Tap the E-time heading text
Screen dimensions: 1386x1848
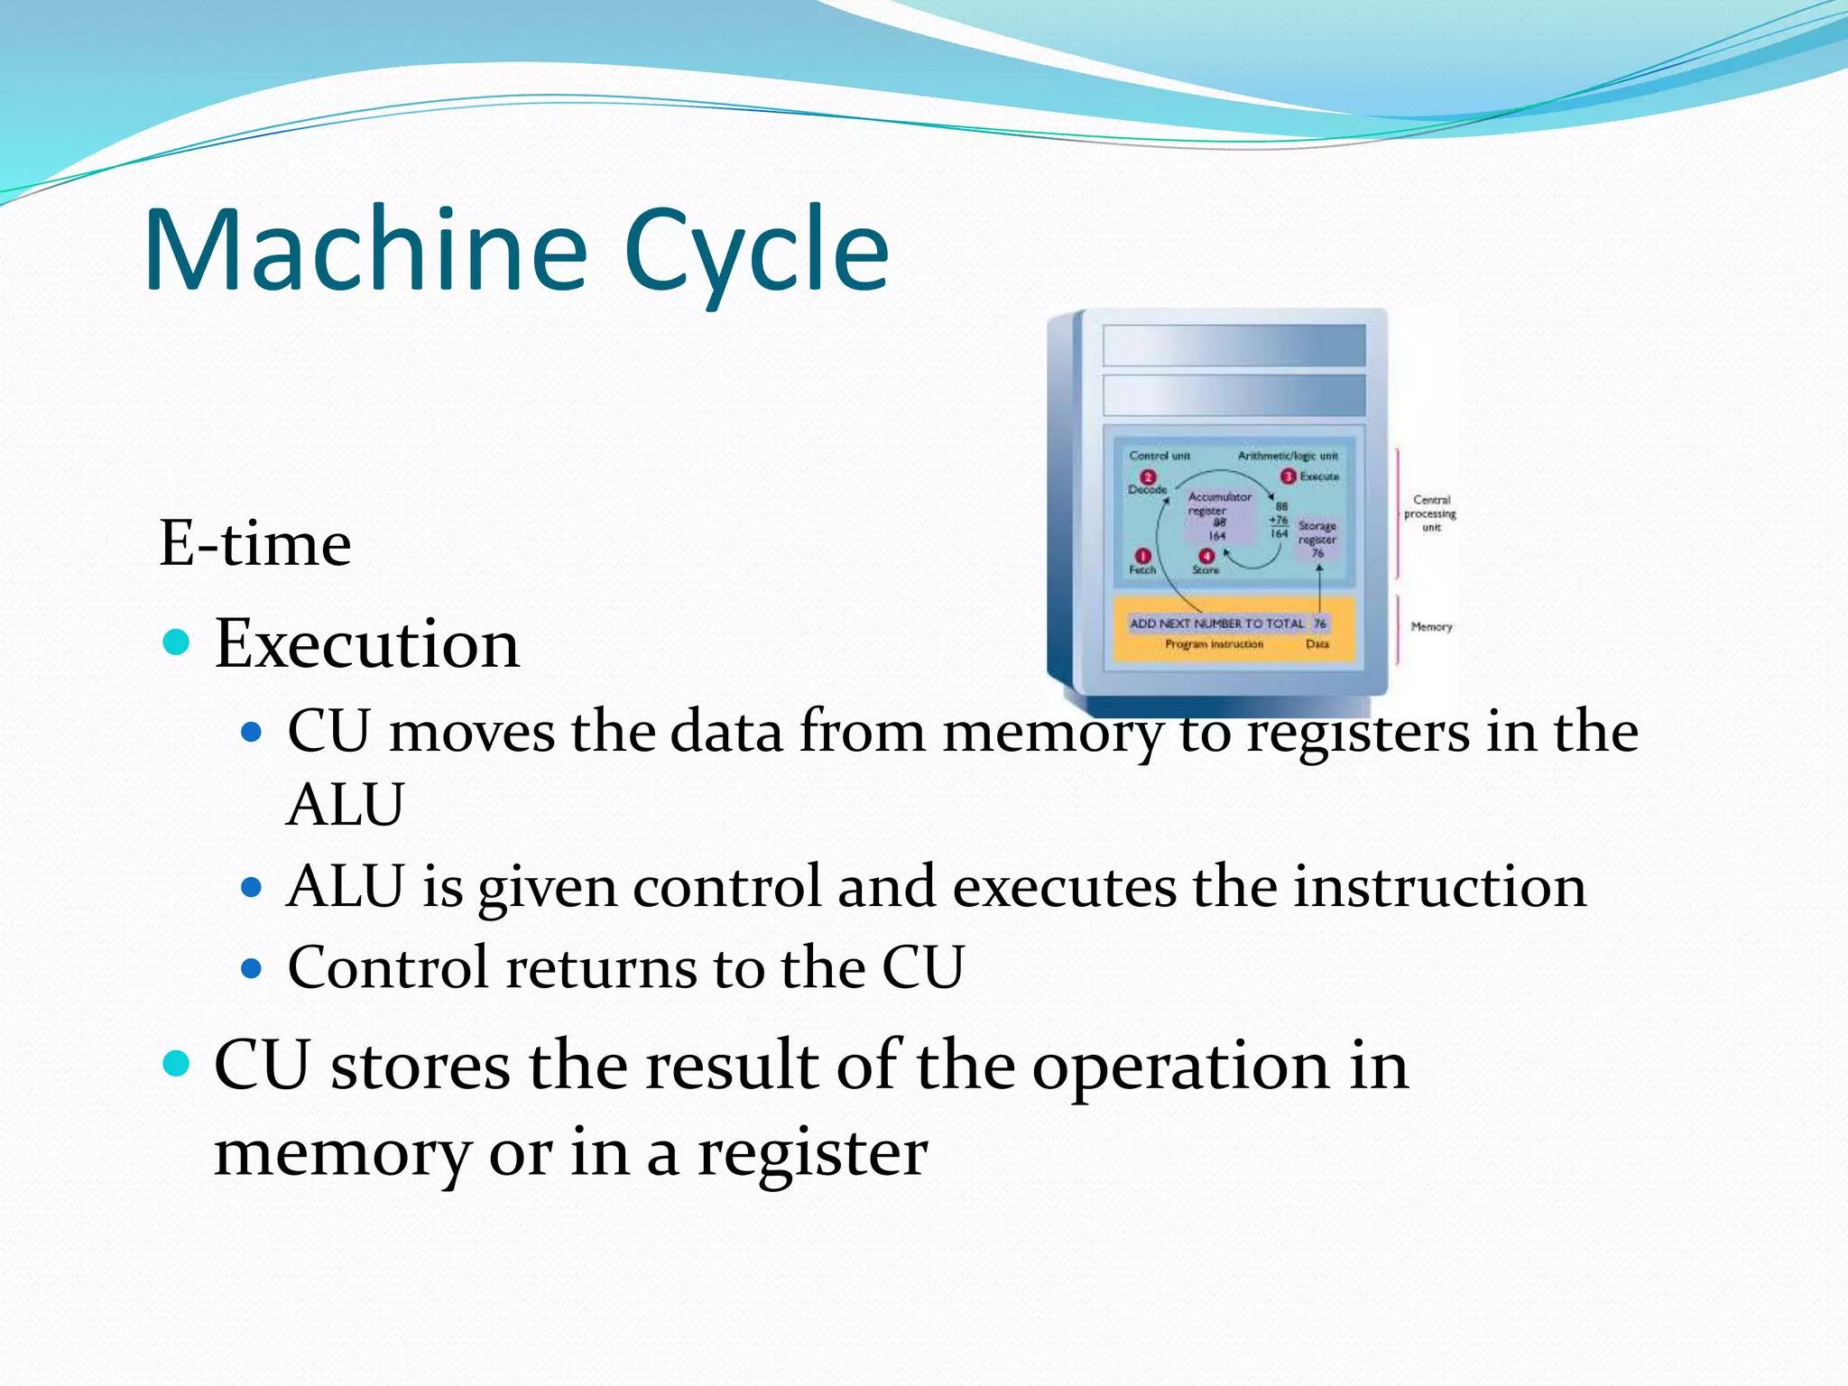pyautogui.click(x=254, y=543)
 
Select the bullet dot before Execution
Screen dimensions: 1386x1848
pyautogui.click(x=177, y=642)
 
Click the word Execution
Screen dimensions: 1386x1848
pyautogui.click(x=366, y=644)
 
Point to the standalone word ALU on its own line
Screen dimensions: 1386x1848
pyautogui.click(x=345, y=804)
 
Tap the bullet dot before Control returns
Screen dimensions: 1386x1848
pyautogui.click(x=252, y=969)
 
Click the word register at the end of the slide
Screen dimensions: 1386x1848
pyautogui.click(x=812, y=1152)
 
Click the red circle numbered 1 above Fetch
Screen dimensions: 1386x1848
pyautogui.click(x=1142, y=556)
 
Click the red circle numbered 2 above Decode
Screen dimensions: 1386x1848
pyautogui.click(x=1148, y=476)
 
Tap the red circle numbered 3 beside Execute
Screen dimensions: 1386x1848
pyautogui.click(x=1289, y=476)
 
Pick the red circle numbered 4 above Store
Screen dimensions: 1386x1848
pyautogui.click(x=1206, y=556)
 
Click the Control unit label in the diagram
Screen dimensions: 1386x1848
pyautogui.click(x=1160, y=456)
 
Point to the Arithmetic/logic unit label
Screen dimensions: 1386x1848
pyautogui.click(x=1288, y=456)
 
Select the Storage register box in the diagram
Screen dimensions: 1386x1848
pyautogui.click(x=1317, y=539)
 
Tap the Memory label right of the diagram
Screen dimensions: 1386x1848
pyautogui.click(x=1431, y=626)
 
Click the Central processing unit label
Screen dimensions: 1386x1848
pyautogui.click(x=1430, y=513)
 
